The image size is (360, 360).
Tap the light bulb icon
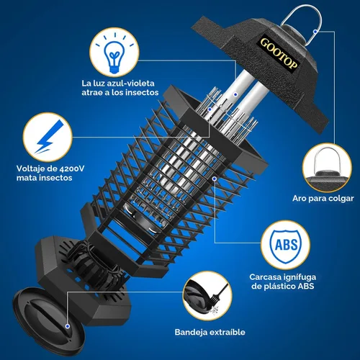pos(114,52)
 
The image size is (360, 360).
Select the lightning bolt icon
pos(48,137)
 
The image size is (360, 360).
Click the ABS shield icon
pos(285,246)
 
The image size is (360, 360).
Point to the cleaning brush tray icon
pos(207,296)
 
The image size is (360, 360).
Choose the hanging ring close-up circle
pos(327,168)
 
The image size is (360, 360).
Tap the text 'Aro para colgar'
pos(323,199)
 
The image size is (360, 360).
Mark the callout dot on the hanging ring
pos(315,32)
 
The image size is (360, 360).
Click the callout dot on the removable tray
pos(68,326)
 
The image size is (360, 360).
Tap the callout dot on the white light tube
pos(235,95)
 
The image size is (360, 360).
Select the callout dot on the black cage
pos(215,179)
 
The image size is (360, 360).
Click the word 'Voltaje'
pos(30,168)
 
